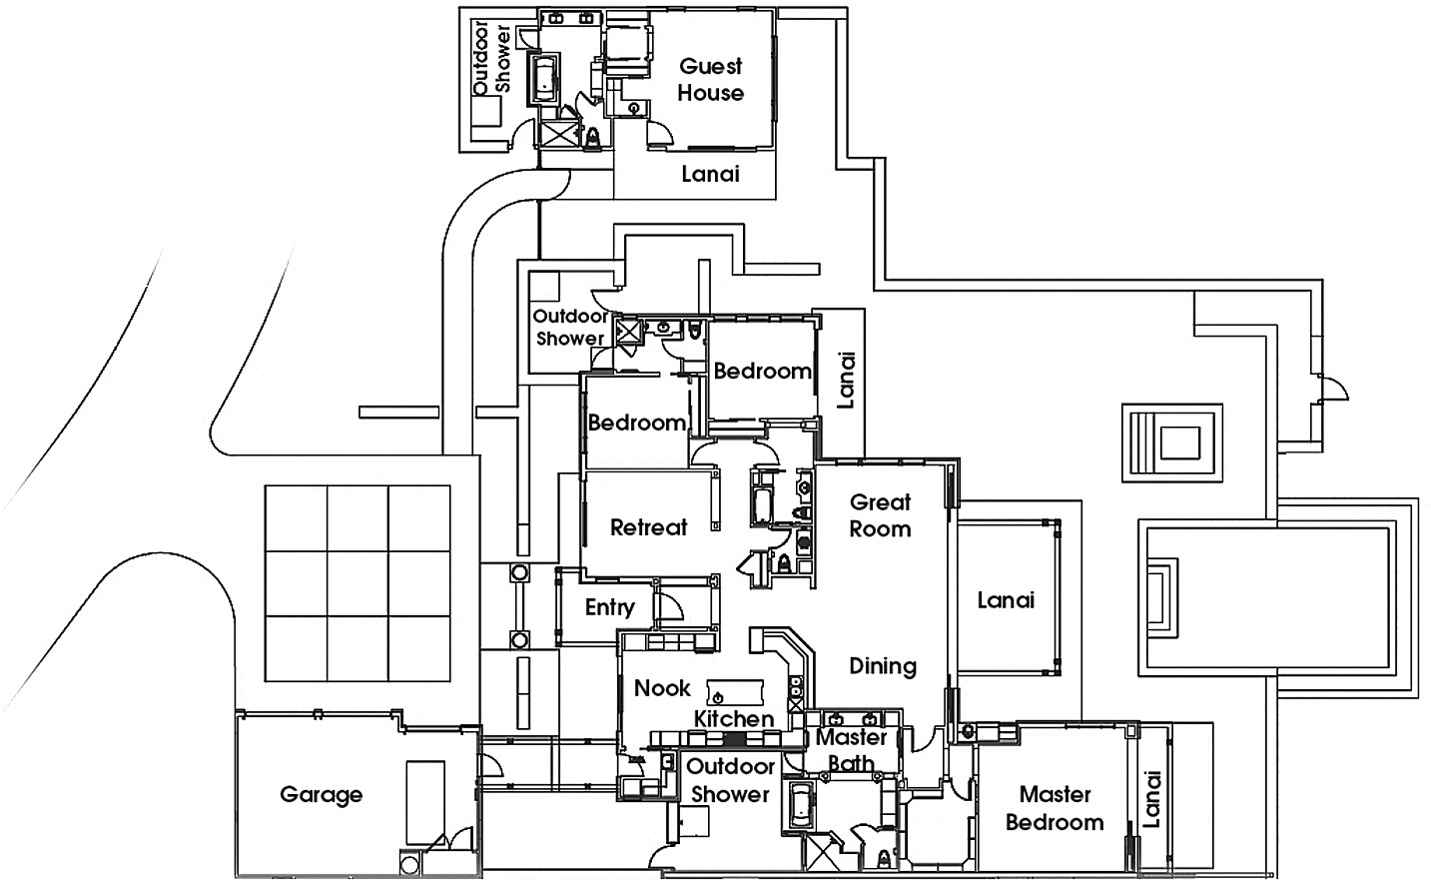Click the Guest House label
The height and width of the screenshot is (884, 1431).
point(712,79)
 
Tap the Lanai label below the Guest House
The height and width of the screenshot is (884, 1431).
point(711,174)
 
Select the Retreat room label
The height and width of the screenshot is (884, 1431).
point(649,527)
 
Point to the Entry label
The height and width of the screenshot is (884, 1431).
point(611,606)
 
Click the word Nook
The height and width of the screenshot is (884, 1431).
point(664,688)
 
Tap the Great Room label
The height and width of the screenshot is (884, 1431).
point(881,515)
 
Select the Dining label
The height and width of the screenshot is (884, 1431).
point(883,665)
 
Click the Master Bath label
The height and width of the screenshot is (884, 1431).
point(854,750)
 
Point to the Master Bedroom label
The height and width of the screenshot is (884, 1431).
point(1055,809)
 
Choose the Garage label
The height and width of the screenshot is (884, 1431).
point(323,796)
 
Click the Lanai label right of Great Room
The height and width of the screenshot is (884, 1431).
point(1006,600)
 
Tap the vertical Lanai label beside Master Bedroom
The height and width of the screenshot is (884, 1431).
point(1153,799)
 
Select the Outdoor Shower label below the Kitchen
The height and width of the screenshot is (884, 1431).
point(730,780)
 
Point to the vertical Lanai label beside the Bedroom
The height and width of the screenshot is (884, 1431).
point(845,380)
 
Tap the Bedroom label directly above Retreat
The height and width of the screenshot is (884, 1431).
point(637,424)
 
